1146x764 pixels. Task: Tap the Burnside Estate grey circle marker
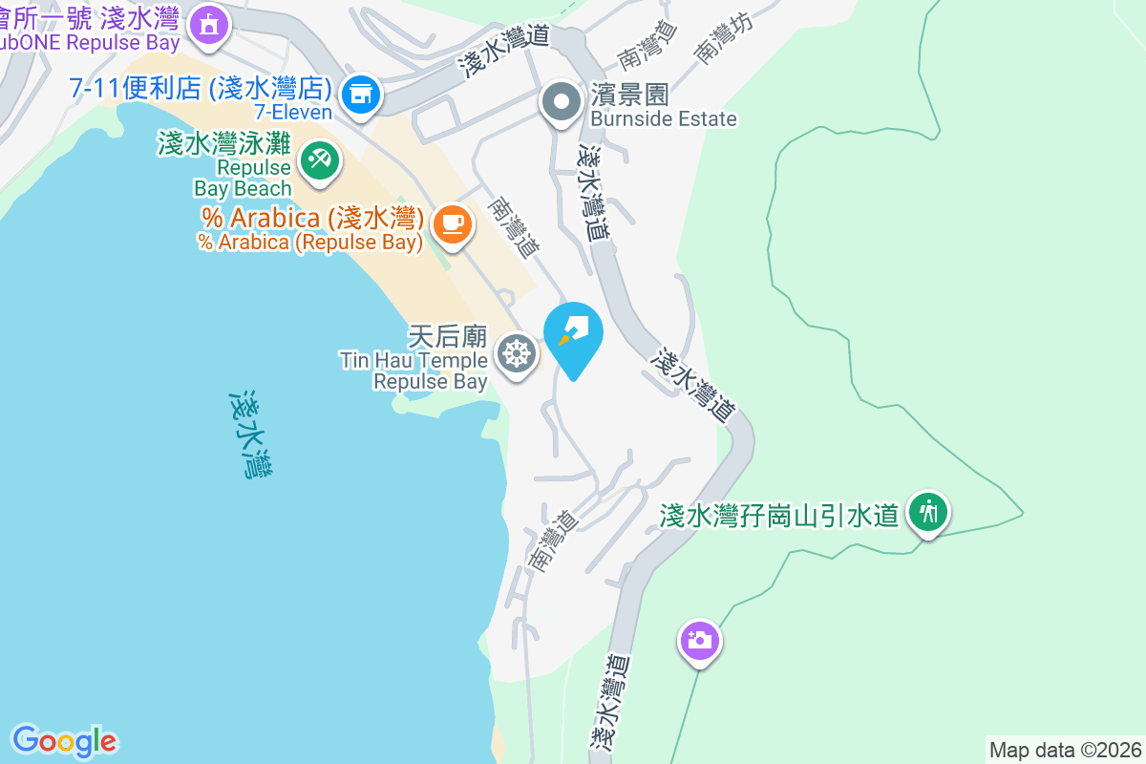[x=561, y=101]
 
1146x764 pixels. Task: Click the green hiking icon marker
[x=927, y=513]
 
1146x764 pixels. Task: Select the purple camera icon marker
[x=700, y=639]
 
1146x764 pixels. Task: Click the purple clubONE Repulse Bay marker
[x=208, y=23]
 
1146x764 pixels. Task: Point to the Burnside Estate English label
[x=664, y=119]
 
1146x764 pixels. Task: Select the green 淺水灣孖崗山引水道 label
[x=779, y=516]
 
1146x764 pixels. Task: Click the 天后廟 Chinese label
[x=448, y=336]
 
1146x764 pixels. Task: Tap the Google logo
[x=64, y=741]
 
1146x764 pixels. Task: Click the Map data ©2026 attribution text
[x=1065, y=750]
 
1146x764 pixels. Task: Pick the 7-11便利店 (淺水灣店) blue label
[x=201, y=90]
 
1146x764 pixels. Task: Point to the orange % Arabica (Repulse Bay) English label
[x=310, y=243]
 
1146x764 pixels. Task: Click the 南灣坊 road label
[x=722, y=40]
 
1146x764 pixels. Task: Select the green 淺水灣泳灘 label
[x=223, y=145]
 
